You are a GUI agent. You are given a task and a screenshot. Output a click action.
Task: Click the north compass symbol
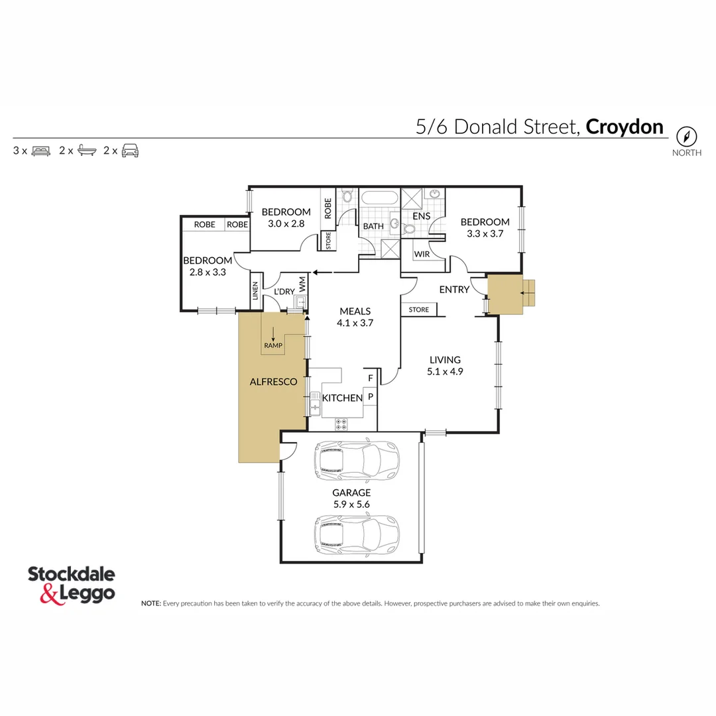687,137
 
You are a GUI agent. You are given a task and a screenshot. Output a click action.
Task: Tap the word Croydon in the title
625,127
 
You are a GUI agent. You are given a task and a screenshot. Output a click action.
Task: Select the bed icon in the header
41,150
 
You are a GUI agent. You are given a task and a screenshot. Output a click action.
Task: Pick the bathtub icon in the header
86,150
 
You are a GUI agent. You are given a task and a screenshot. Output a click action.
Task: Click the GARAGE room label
351,493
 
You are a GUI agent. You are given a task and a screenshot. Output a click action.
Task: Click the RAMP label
272,345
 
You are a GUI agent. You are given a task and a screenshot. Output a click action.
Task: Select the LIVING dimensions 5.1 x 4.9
445,372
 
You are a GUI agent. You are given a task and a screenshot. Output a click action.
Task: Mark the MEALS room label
355,311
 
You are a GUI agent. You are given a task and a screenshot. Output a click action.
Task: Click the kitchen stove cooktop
342,424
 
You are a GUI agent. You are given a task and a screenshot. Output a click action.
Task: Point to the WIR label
422,255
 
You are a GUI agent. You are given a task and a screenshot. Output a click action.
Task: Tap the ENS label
422,216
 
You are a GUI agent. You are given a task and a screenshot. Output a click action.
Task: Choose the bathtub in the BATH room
379,198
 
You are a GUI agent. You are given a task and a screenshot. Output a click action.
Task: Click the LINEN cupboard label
255,292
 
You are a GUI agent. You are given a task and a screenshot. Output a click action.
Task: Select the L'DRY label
284,292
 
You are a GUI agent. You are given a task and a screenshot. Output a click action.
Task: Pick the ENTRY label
454,290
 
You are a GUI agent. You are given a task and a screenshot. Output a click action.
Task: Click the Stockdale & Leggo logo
72,583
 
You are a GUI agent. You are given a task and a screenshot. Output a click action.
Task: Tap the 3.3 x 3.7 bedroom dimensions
485,234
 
